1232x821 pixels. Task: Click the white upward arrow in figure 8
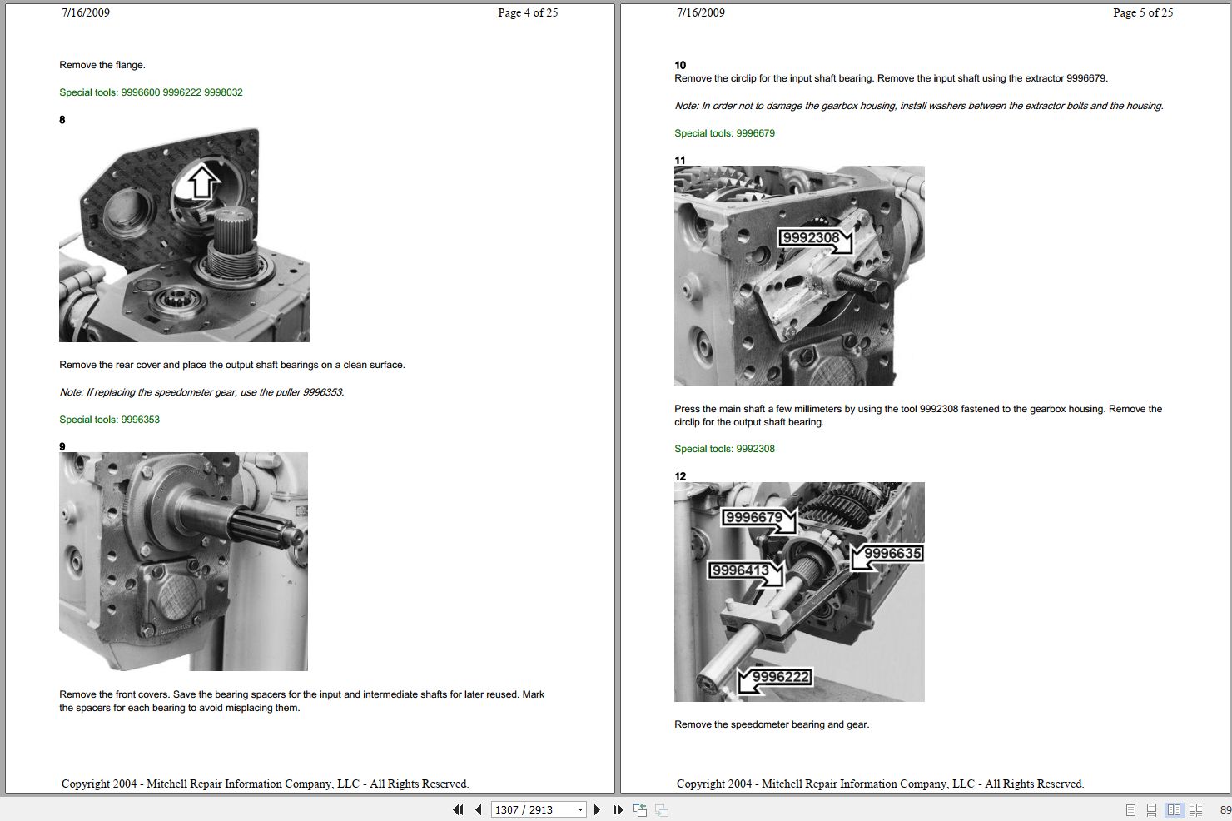click(x=201, y=181)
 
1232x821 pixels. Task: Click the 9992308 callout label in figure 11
click(x=811, y=238)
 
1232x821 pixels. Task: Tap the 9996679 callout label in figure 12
click(x=753, y=518)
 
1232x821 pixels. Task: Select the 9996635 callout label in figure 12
click(x=892, y=554)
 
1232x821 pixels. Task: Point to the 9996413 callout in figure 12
click(x=741, y=570)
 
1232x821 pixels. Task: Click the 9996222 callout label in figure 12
click(x=780, y=677)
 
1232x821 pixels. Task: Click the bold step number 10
click(x=680, y=65)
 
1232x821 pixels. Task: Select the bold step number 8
click(x=62, y=120)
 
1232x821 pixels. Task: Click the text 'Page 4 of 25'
click(x=528, y=12)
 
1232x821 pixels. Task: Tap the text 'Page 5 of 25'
click(x=1143, y=12)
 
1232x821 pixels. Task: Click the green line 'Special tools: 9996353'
click(x=109, y=420)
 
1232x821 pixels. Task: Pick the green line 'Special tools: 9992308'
click(x=724, y=449)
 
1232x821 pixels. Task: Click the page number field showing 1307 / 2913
click(x=533, y=809)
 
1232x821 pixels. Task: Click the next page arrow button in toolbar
click(x=597, y=809)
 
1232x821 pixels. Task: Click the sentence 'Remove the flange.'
click(x=102, y=65)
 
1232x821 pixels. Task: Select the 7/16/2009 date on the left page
click(x=85, y=12)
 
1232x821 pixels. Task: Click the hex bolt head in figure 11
click(x=876, y=291)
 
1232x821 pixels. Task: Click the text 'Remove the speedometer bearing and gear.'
click(x=771, y=724)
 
